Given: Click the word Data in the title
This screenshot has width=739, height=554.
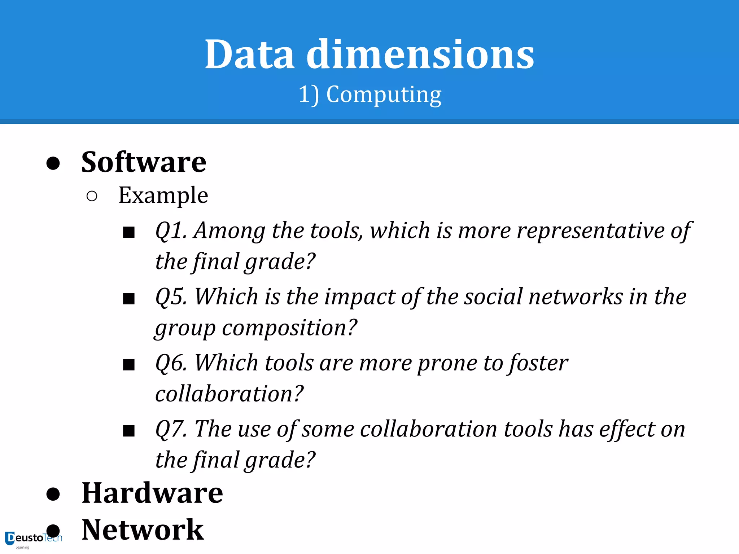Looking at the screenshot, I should coord(250,54).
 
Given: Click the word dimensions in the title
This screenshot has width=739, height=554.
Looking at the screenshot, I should coord(420,54).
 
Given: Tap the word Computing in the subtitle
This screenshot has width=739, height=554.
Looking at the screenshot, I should coord(384,94).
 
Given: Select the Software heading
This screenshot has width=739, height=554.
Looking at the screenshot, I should coord(144,162).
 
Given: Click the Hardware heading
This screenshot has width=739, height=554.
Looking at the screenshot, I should coord(152,493).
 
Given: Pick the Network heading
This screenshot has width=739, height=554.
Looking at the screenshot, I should coord(143,529).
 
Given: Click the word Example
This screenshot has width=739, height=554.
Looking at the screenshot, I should coord(163,195).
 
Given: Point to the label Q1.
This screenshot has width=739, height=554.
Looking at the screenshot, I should coord(171,230).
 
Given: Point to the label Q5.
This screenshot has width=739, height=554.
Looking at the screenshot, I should coord(171,297).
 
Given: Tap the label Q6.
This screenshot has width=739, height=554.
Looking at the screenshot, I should coord(171,363).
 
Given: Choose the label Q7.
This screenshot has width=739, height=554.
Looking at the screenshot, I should coord(171,429).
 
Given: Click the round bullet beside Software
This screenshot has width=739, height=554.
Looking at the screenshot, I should coord(53,163).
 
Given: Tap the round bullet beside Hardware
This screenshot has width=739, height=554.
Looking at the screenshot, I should coord(53,494).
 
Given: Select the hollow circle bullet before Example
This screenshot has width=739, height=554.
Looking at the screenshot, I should coord(92,196).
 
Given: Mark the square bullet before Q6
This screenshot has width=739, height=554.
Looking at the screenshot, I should coord(129,365).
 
